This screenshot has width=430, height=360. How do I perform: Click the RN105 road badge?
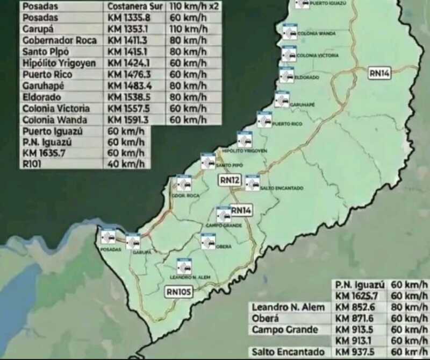178,292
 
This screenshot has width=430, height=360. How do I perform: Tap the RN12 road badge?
229,180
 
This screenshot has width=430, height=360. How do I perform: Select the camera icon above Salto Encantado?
252,182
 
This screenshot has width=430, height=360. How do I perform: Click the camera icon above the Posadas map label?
108,236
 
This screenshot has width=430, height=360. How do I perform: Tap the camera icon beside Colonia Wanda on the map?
290,32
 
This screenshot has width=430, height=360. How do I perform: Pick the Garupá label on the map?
142,252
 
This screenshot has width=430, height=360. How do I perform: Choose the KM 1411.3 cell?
128,40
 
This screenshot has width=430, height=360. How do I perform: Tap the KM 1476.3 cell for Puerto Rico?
128,74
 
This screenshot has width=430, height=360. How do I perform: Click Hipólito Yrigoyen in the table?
59,63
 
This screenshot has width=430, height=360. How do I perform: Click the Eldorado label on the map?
306,77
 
